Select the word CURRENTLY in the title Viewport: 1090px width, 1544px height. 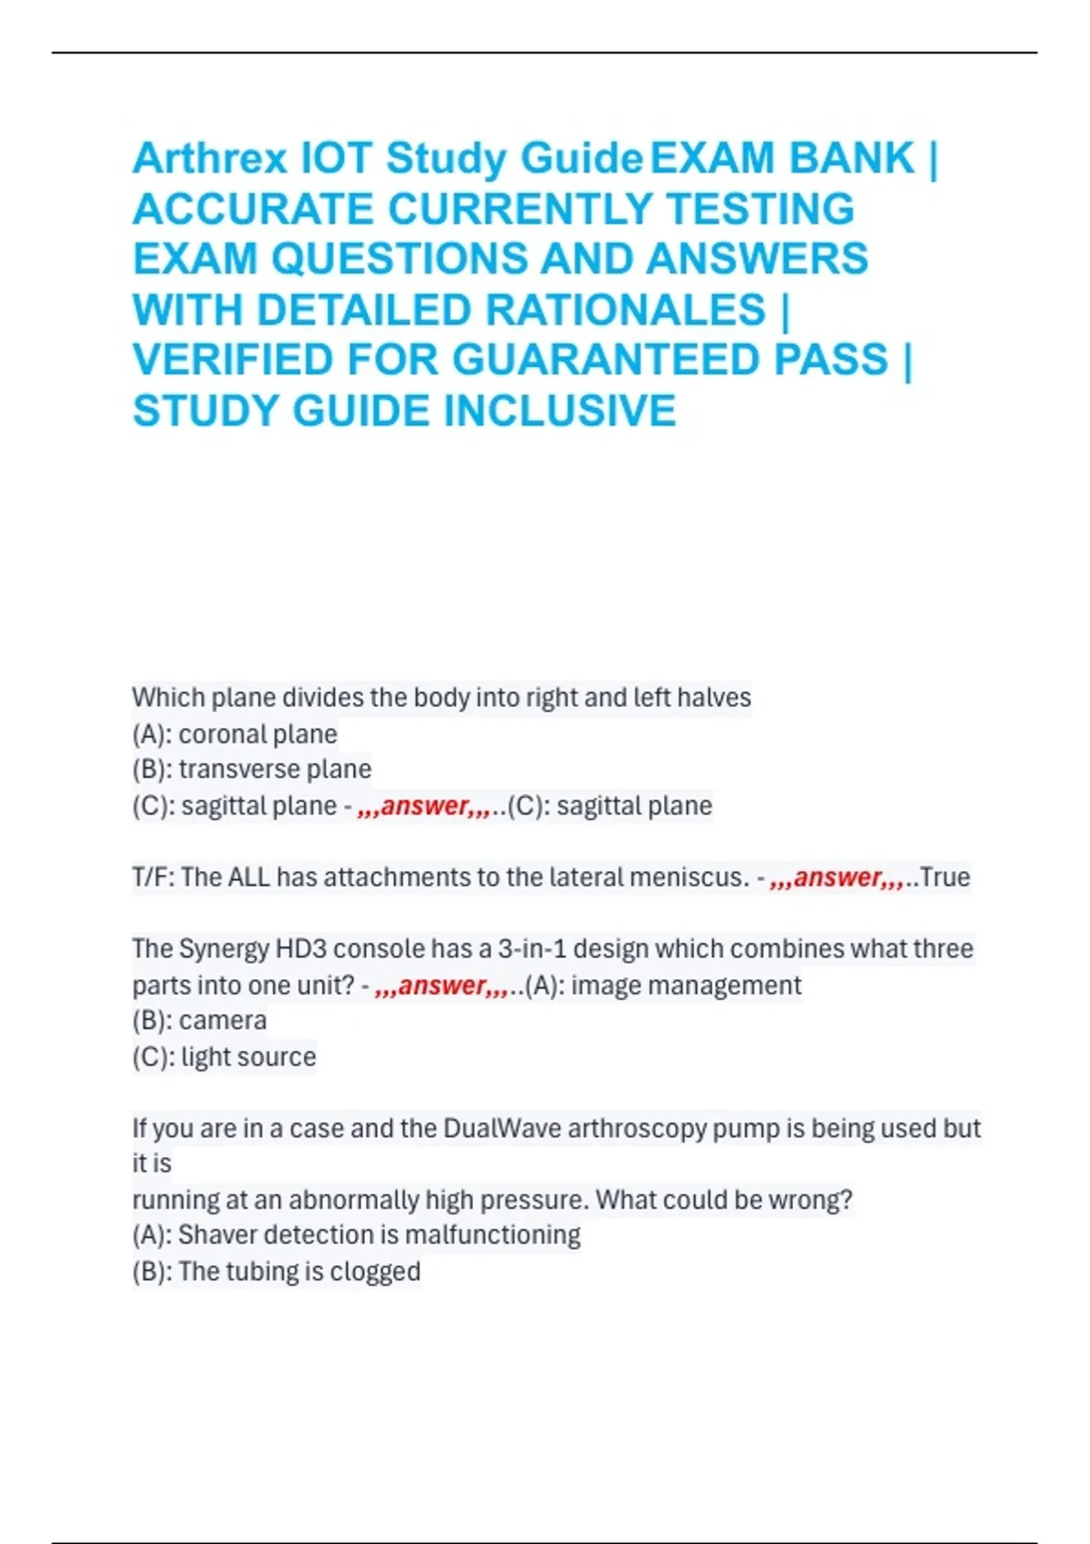pos(520,209)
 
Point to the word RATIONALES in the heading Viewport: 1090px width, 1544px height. pos(626,310)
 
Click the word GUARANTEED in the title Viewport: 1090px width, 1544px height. pos(669,360)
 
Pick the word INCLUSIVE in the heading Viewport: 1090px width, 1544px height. pos(559,411)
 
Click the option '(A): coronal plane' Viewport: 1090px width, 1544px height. pos(234,734)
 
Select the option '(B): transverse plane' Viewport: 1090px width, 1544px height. pos(252,769)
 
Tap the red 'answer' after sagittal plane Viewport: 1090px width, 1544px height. pos(424,806)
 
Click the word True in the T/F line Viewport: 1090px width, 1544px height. pos(945,877)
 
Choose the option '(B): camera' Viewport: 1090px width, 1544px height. pos(200,1021)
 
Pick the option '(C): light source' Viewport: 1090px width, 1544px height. pos(224,1057)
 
